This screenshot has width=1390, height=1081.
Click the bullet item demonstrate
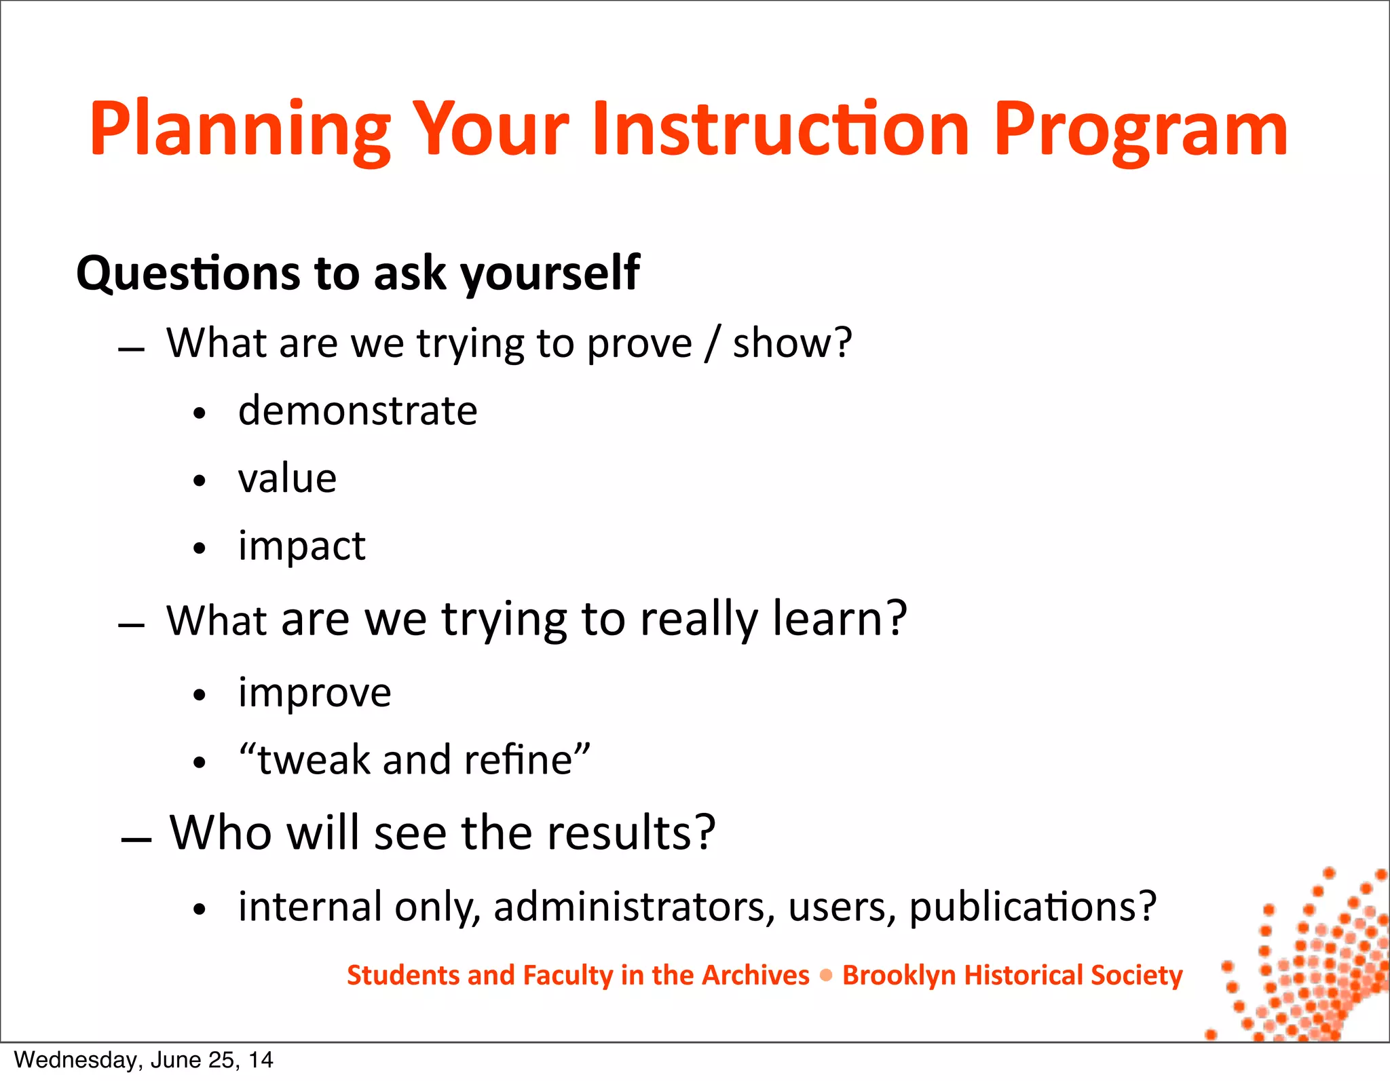tap(358, 411)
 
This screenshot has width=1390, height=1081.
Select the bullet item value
tap(287, 478)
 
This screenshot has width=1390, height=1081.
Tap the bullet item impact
tap(301, 546)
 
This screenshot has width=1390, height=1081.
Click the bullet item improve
tap(314, 693)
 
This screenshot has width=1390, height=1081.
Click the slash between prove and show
tap(711, 343)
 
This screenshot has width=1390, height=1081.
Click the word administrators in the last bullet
tap(634, 907)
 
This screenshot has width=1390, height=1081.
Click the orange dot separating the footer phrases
tap(826, 976)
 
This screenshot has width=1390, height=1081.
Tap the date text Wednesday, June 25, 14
tap(143, 1060)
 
